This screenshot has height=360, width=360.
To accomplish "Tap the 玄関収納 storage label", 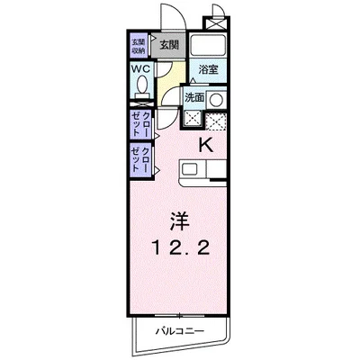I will pyautogui.click(x=139, y=45).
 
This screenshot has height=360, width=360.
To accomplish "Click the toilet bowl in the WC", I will pyautogui.click(x=142, y=85).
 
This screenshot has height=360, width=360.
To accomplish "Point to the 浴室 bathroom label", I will pyautogui.click(x=209, y=68).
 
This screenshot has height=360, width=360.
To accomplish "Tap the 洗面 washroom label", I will pyautogui.click(x=195, y=96).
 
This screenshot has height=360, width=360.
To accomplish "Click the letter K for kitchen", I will pyautogui.click(x=204, y=144).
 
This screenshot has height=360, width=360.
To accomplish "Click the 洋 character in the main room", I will pyautogui.click(x=178, y=220).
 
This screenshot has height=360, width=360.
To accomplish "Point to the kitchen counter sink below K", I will pyautogui.click(x=191, y=168).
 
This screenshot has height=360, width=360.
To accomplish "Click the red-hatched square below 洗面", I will pyautogui.click(x=217, y=119).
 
